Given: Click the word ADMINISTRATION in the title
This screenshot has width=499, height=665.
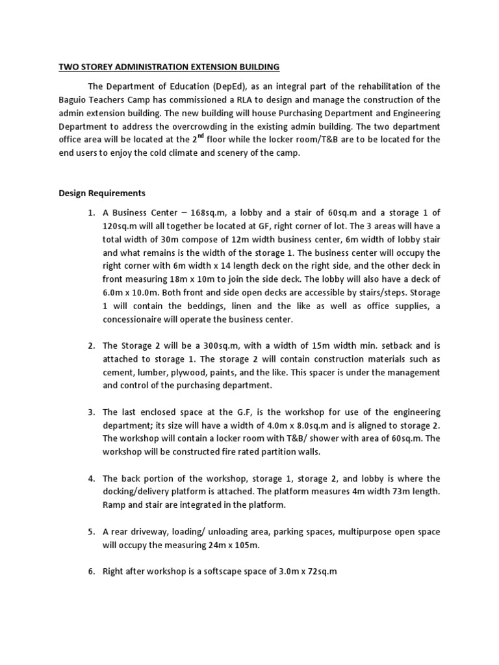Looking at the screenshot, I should pos(151,67).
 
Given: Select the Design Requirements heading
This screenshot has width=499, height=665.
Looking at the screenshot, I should pos(102,194).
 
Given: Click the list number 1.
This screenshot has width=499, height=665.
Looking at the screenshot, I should pos(90,212).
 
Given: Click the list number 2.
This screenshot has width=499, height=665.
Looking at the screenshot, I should pos(90,346).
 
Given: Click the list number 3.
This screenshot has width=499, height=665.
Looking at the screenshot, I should pos(90,412).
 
